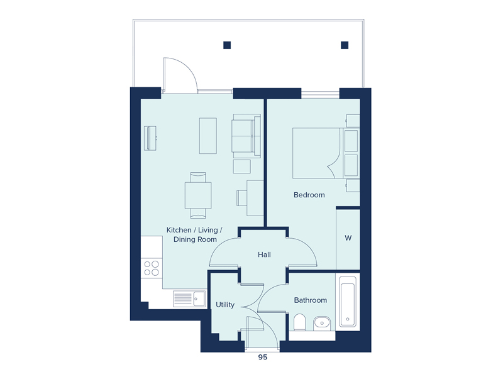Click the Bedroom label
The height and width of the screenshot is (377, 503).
click(309, 195)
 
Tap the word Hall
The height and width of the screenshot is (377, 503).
click(264, 254)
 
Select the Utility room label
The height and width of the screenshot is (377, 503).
click(225, 305)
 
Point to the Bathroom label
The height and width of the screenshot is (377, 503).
click(310, 300)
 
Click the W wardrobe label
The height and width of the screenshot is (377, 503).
click(348, 238)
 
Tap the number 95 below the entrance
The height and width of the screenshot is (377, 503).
click(263, 357)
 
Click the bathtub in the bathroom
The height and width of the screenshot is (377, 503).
click(348, 302)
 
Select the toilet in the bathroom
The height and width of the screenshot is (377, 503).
click(300, 322)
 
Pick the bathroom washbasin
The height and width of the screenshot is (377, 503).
click(322, 323)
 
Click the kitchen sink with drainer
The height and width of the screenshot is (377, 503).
click(189, 299)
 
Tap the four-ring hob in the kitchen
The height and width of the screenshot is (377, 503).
click(152, 268)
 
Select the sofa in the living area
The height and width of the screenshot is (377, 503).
click(246, 136)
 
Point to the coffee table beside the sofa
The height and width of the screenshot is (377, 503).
click(208, 136)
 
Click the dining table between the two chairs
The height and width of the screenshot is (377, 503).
click(198, 195)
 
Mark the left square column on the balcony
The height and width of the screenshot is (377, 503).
click(227, 45)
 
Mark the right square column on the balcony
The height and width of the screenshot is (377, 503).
click(345, 45)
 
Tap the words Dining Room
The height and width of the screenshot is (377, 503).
click(195, 239)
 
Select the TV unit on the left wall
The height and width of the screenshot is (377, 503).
click(150, 138)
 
